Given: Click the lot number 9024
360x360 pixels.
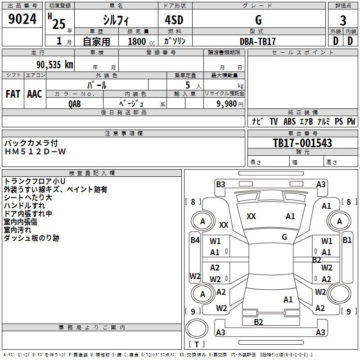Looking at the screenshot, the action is pos(22,19).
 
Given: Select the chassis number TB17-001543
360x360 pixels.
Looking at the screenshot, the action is pos(302,143).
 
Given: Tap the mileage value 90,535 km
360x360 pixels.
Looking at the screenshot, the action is pos(55,65).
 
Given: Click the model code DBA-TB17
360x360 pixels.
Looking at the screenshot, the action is pos(257,41).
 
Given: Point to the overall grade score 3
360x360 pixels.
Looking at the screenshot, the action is pos(343,20).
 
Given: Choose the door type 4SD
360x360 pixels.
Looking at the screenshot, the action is pos(174,20).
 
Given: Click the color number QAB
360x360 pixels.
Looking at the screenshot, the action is pos(75,104).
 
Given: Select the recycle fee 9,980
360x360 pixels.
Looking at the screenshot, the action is pos(227,103).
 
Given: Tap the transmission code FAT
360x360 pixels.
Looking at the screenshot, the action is pos(13,94).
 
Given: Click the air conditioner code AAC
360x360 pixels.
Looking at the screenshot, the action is pos(35,94).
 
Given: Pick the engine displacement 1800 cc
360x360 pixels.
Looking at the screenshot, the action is pos(141,41).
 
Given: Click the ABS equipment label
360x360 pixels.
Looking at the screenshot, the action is pos(289,121).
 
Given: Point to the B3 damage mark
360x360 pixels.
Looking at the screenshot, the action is pos(220,184).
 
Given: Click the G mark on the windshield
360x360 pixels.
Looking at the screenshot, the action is pos(284,237).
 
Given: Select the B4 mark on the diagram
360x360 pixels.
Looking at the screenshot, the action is pos(195,240).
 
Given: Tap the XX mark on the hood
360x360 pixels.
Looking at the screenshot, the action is pos(251,216).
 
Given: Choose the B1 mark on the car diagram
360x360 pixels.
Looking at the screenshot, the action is pos(347,240).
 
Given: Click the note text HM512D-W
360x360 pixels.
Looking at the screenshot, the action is pos(36,152).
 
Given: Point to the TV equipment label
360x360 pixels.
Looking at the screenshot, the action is pos(274,121).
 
